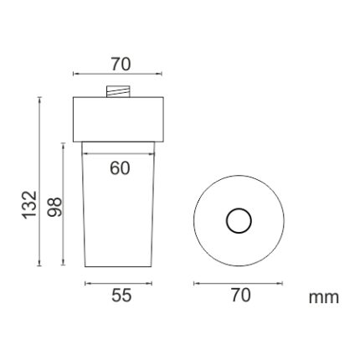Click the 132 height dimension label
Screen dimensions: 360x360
[29, 204]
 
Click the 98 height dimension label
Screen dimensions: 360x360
[54, 207]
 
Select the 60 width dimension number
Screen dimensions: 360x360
[120, 168]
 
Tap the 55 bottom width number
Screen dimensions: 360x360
[121, 296]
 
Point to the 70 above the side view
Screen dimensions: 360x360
[121, 64]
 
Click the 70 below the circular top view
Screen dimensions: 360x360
[241, 296]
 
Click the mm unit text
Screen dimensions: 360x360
[324, 297]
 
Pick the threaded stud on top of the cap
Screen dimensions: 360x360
[118, 91]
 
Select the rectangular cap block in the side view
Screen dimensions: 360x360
[118, 120]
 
